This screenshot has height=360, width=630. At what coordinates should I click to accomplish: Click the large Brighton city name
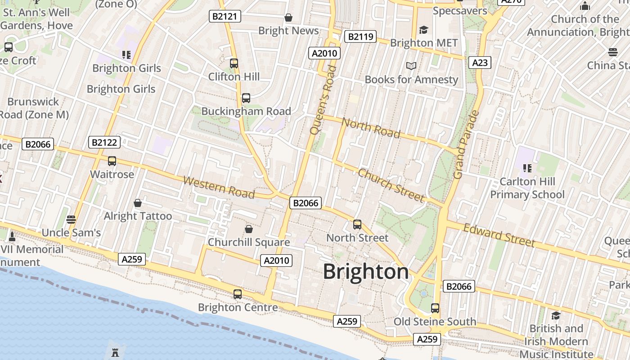click(366, 272)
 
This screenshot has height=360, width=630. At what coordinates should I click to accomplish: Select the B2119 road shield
click(360, 36)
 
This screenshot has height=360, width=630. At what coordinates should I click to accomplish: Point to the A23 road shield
click(480, 63)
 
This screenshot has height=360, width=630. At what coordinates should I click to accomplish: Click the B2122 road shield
click(104, 143)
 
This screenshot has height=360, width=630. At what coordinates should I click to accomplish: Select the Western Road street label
click(219, 187)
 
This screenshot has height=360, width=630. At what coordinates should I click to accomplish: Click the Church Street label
click(391, 185)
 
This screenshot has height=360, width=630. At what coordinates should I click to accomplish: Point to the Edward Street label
click(499, 235)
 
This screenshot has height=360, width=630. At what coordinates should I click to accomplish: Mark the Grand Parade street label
click(465, 144)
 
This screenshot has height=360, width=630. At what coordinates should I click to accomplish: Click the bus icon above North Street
click(357, 224)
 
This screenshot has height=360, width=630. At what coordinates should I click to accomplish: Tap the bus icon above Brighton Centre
click(238, 294)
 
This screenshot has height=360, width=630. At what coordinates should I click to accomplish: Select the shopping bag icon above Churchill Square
click(248, 229)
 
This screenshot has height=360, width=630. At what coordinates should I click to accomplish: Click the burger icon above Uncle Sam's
click(71, 220)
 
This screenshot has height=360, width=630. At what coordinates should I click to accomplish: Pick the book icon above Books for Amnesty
click(411, 66)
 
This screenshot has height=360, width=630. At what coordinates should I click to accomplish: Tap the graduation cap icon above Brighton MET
click(423, 30)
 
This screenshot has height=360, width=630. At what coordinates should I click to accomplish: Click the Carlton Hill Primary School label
click(527, 188)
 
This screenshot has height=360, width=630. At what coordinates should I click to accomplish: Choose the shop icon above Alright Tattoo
click(138, 203)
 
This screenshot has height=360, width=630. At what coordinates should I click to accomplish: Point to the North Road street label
click(371, 127)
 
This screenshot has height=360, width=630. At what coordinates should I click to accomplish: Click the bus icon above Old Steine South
click(435, 308)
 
